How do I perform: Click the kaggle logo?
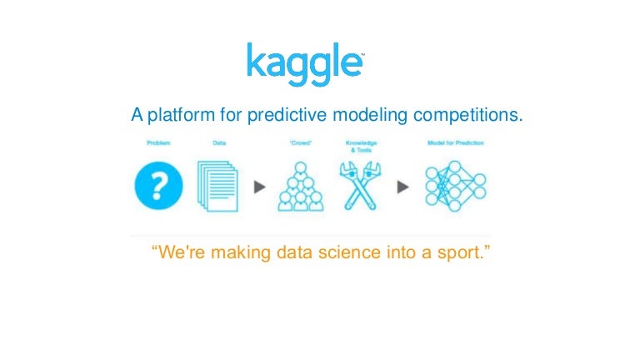click(x=304, y=65)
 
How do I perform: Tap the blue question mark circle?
click(x=158, y=186)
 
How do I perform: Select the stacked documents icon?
click(x=217, y=186)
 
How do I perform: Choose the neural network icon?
click(x=455, y=185)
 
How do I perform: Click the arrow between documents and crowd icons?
click(x=259, y=187)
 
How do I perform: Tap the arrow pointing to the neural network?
click(x=403, y=187)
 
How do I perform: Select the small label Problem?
click(x=158, y=143)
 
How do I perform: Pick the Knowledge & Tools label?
click(x=361, y=146)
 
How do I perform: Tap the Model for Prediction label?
click(x=455, y=143)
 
